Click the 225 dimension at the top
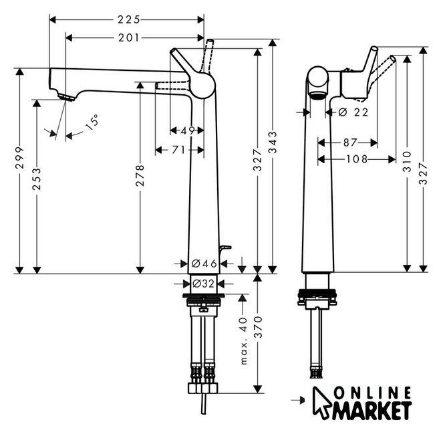pos(127,19)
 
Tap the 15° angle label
pos(92,122)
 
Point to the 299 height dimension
pos(20,159)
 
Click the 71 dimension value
pos(177,150)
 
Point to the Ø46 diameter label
pos(204,264)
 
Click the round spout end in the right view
pos(317,84)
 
